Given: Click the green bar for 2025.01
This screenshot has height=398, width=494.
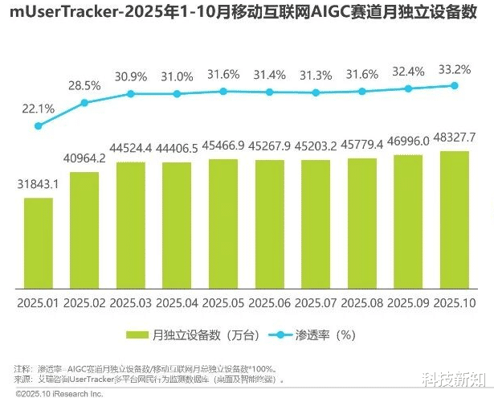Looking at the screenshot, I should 38,244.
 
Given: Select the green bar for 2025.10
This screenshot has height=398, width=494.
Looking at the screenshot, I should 455,220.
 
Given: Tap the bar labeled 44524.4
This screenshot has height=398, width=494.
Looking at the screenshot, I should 131,225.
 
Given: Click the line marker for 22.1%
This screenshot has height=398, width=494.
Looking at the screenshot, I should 38,125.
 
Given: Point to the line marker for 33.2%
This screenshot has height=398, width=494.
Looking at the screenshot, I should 455,85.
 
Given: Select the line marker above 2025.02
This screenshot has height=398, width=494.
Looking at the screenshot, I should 84,102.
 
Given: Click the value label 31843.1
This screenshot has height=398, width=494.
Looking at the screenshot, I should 38,185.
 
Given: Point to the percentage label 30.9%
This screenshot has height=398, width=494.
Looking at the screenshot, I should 131,77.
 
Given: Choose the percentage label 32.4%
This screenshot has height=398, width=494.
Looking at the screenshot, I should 409,71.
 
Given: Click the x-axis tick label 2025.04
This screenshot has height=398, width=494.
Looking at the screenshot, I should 178,303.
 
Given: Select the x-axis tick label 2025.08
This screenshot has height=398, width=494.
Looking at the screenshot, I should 363,303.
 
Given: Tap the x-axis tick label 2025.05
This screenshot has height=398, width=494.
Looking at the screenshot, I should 223,303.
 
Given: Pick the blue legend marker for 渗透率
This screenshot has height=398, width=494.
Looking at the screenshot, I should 277,334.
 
